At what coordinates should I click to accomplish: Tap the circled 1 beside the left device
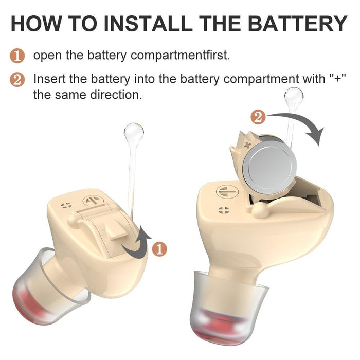tap(160, 249)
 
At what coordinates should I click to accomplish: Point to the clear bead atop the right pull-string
tap(294, 96)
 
